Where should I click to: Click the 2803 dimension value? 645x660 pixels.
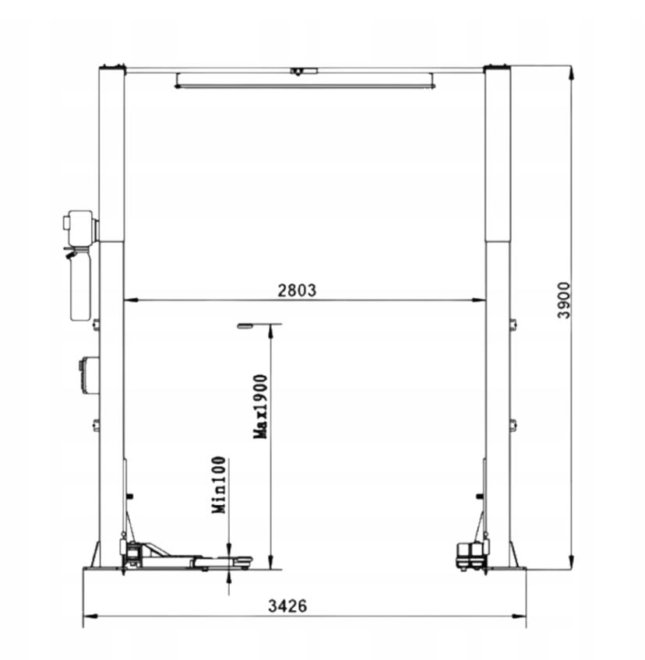click(297, 290)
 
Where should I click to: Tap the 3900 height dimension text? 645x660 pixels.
click(563, 300)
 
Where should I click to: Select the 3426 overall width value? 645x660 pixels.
click(287, 606)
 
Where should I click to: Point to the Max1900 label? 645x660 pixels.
click(260, 406)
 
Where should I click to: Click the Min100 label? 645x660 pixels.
click(219, 485)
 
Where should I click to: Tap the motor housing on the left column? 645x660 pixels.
click(79, 227)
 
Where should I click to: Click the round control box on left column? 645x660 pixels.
click(89, 375)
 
